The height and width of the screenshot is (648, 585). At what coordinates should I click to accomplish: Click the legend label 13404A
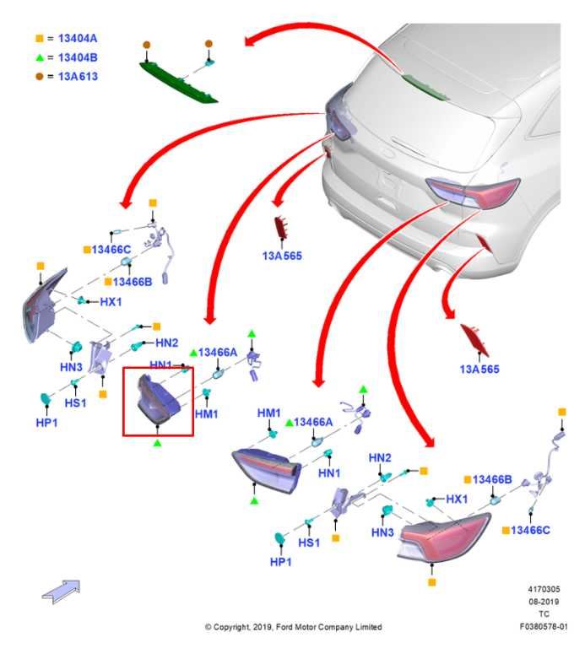point(78,39)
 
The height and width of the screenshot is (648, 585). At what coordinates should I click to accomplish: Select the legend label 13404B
point(78,57)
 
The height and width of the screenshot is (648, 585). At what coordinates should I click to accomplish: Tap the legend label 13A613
point(78,76)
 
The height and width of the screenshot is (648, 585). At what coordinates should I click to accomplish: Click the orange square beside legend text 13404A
point(39,39)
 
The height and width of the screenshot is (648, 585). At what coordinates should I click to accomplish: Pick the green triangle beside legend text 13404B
point(39,57)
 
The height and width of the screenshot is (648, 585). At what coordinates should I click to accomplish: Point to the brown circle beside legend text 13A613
point(39,76)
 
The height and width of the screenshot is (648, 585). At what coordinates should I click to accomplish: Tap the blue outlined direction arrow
point(61,591)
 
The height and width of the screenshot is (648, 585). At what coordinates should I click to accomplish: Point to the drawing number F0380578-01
point(544,627)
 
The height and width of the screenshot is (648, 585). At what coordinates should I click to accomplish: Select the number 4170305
point(544,590)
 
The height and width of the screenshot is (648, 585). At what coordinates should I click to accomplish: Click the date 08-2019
point(544,602)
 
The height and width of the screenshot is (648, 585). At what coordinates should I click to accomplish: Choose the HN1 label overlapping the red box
point(161,364)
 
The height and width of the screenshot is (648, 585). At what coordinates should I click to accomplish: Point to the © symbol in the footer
point(209,627)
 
